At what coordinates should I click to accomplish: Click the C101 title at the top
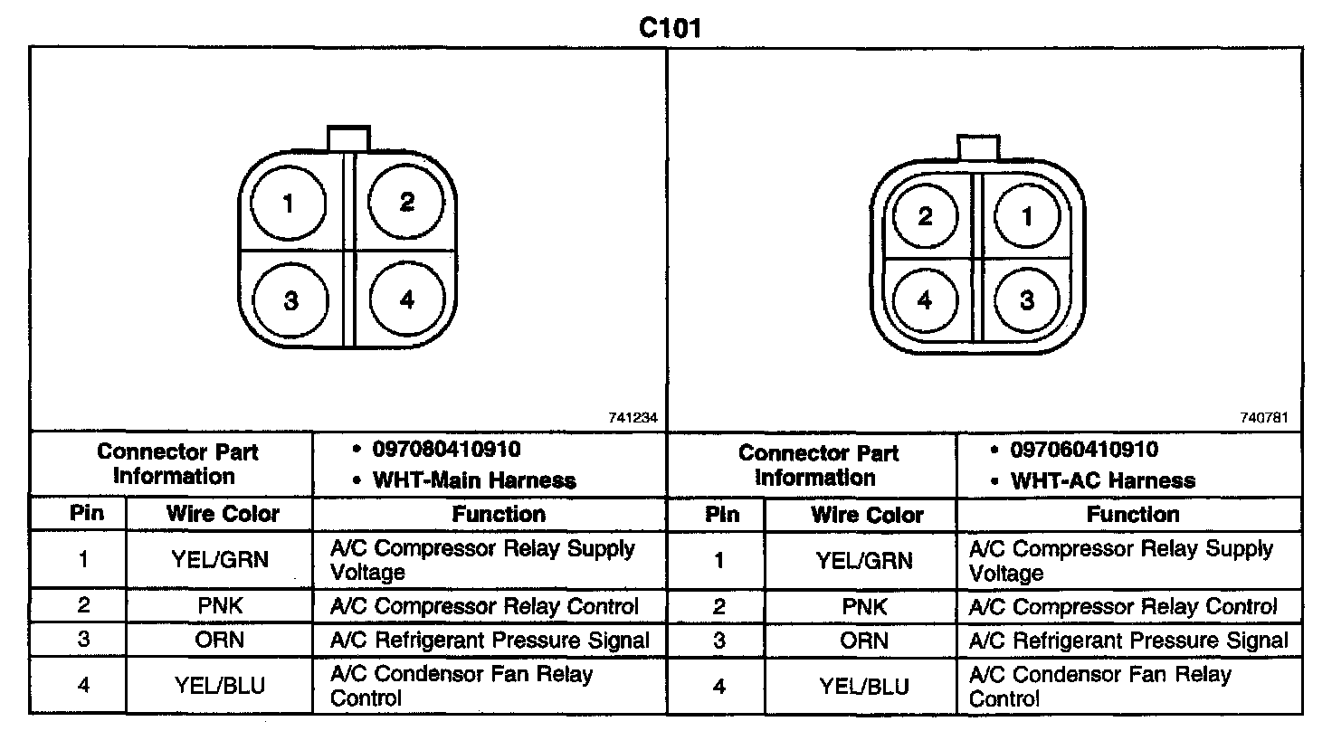tap(670, 28)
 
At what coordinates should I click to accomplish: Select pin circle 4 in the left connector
tap(406, 299)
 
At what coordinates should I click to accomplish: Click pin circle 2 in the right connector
tap(925, 217)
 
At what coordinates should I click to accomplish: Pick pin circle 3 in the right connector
tap(1026, 299)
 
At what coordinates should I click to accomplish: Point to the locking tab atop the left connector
tap(348, 139)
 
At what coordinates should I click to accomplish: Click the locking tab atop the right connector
tap(977, 147)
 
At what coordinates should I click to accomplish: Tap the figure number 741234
tap(633, 419)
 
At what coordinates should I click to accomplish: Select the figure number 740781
tap(1266, 419)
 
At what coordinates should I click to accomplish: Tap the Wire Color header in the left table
tap(223, 514)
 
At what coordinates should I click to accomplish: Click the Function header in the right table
tap(1133, 515)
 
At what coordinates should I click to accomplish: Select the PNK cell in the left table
tap(220, 606)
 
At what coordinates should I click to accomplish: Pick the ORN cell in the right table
tap(863, 641)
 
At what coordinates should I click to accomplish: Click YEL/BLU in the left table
tap(220, 685)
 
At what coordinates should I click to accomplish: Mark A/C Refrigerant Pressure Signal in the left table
tap(490, 641)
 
